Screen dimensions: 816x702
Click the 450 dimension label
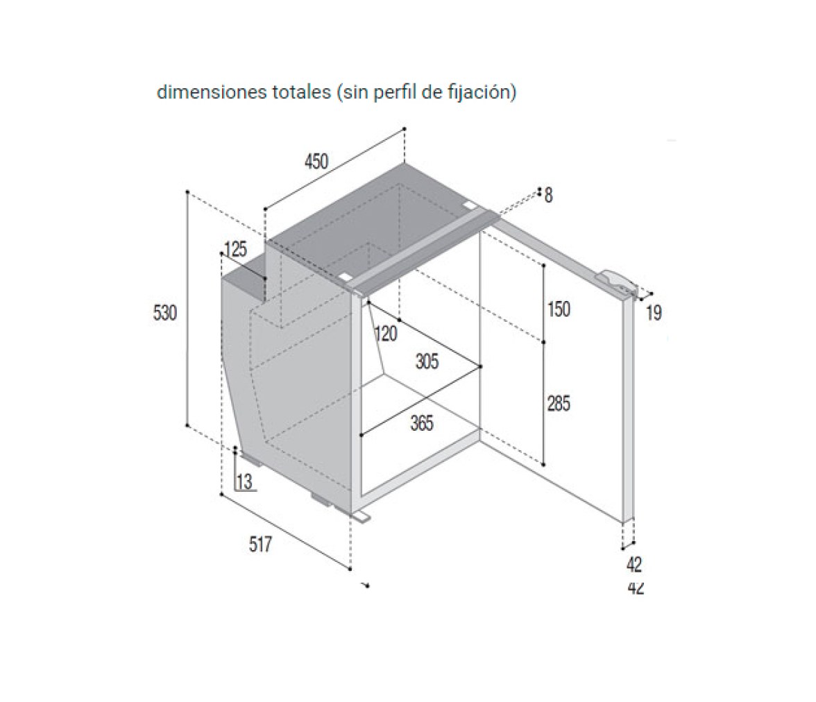(316, 162)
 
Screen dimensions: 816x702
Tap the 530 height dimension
(165, 313)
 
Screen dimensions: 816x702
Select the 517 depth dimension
(260, 545)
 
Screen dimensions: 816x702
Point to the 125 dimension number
(235, 250)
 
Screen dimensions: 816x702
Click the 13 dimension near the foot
(244, 482)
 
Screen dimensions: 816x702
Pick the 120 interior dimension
(386, 334)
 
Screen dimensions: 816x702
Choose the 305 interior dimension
(427, 361)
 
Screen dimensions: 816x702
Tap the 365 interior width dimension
(422, 423)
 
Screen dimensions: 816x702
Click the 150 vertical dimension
(559, 309)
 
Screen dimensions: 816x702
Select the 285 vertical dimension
(559, 403)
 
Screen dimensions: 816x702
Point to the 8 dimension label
(548, 196)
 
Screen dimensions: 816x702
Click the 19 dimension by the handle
(654, 314)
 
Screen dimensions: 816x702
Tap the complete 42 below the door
(634, 565)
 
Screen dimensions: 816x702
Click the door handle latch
(618, 281)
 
